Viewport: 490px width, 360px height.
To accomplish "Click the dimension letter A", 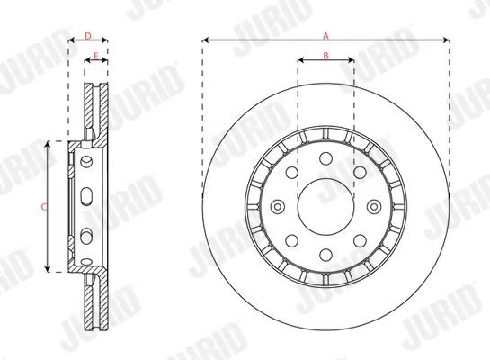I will point(325,33).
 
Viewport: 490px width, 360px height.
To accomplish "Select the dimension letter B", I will point(325,57).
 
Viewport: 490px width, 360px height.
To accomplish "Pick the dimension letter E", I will point(96,56).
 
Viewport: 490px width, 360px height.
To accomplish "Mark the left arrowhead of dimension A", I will point(205,40).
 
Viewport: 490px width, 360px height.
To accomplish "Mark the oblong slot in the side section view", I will point(85,199).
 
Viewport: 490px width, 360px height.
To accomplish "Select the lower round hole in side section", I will point(85,236).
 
